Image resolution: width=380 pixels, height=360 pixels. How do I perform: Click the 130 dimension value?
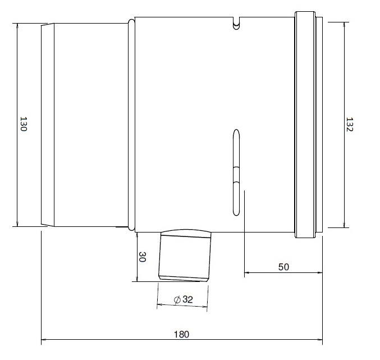click(x=24, y=124)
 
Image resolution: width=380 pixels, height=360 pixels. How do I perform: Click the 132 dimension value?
click(x=350, y=124)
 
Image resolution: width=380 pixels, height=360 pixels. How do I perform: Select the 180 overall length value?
click(x=181, y=334)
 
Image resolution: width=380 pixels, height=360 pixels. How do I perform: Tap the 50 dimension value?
click(x=283, y=267)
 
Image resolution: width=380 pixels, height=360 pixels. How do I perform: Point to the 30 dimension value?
click(x=143, y=258)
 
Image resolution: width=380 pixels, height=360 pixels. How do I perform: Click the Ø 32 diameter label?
click(x=184, y=300)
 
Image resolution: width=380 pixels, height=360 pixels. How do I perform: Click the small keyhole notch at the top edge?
click(x=237, y=24)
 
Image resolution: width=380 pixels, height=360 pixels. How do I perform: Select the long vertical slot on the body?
click(x=236, y=172)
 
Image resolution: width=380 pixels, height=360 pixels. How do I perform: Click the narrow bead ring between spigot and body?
click(x=131, y=124)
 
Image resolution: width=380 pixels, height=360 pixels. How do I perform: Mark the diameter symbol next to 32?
click(x=177, y=300)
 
